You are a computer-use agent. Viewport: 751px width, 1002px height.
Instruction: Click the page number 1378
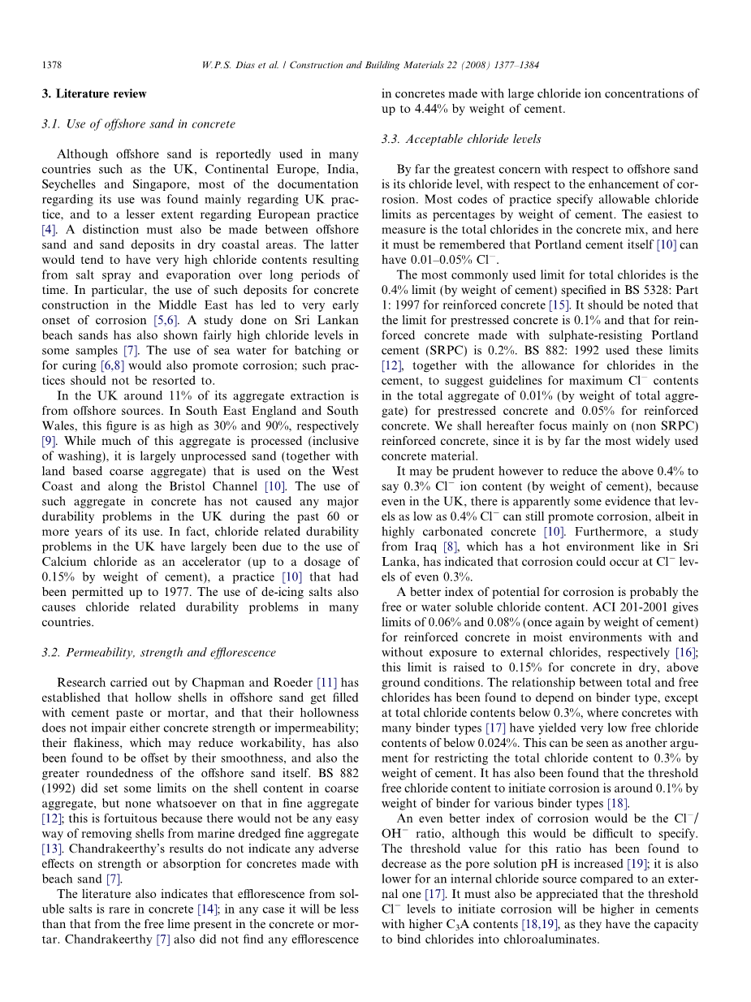pos(52,65)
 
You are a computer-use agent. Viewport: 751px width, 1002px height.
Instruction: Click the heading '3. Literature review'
pos(94,93)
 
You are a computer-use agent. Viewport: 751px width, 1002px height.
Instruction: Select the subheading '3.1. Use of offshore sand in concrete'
pos(138,124)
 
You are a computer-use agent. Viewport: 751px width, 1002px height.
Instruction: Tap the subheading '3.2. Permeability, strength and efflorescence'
pos(158,652)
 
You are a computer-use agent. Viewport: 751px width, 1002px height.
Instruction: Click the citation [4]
pos(49,230)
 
